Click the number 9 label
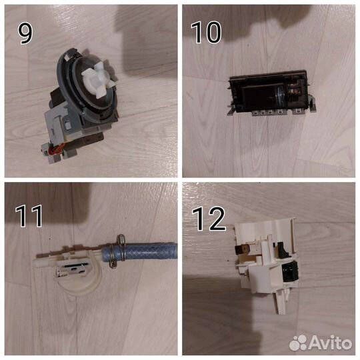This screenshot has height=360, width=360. pos(25,33)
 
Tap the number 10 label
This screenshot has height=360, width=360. pos(206,33)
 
